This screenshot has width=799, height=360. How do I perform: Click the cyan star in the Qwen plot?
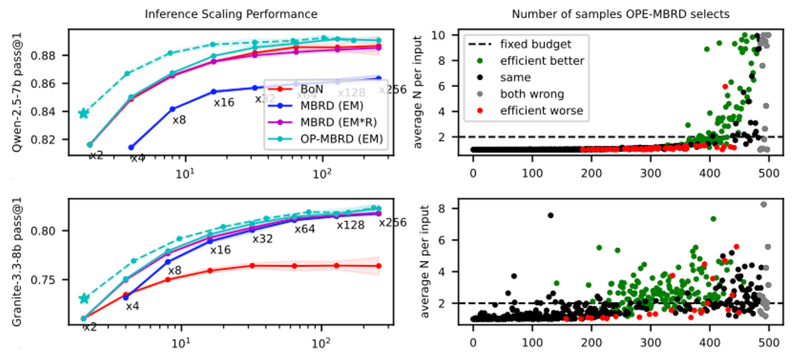pos(83,113)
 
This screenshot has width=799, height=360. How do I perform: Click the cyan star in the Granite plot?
pos(84,299)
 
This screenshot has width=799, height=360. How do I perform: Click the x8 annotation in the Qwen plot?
pos(179,120)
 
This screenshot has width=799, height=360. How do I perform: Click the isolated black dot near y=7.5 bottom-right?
pos(550,215)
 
